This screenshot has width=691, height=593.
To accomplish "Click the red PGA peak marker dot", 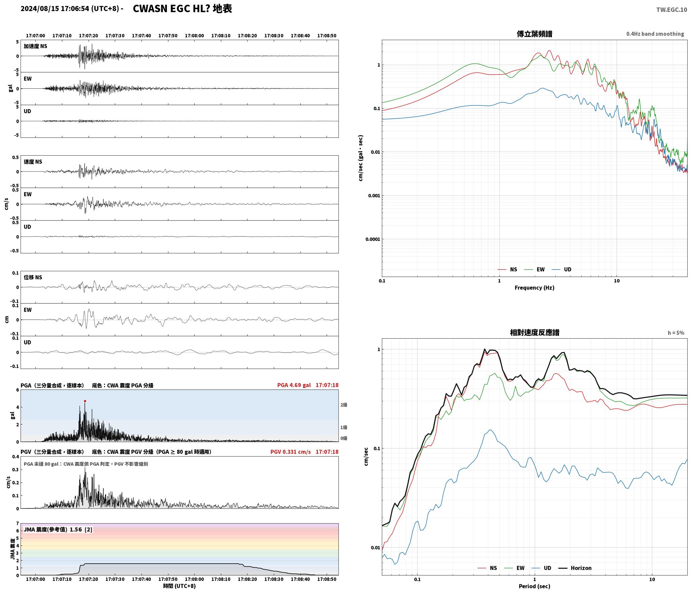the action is tap(85, 401).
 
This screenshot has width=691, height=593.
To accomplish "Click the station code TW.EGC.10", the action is tap(671, 10).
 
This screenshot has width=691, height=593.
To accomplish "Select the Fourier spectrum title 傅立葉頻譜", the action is tap(534, 34).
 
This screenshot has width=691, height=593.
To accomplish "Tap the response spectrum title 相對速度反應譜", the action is tap(534, 333).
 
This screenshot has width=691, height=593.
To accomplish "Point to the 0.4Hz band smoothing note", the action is tap(655, 34).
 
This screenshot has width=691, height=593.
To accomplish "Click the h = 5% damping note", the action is tap(676, 333).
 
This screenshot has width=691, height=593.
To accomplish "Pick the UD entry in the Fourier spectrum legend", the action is tap(561, 269).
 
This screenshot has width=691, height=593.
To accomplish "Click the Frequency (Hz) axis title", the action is tap(534, 287).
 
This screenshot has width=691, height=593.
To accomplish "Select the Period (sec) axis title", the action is tap(534, 586).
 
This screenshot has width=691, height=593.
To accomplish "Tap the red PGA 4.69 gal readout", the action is tap(294, 385).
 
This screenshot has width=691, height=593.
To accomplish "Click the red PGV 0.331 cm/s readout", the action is tap(291, 451).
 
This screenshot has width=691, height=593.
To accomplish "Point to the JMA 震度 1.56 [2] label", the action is tap(58, 529).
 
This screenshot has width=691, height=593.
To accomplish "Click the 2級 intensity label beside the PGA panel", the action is tap(343, 405).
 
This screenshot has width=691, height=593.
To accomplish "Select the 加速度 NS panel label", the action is tap(35, 46).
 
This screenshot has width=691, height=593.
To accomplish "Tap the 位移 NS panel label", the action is tap(33, 277).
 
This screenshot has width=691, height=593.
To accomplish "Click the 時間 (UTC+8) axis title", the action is tap(179, 586).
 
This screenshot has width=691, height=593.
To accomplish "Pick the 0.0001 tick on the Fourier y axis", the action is tap(372, 239).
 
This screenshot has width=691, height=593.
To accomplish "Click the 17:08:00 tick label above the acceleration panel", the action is tap(194, 35).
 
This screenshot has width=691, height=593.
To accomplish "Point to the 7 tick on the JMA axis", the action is tap(18, 523).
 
